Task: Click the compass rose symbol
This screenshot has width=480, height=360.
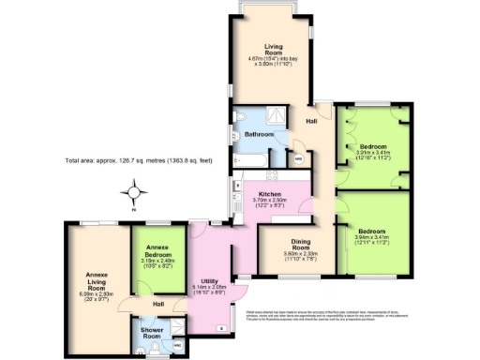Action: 135,194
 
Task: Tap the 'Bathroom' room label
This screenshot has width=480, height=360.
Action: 259,135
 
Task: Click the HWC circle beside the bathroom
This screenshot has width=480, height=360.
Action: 298,158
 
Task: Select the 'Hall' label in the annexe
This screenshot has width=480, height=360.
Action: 159,304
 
